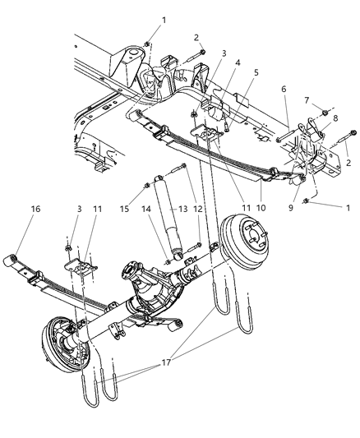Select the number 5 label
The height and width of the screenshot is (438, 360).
click(256, 71)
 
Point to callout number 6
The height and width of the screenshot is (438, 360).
click(283, 90)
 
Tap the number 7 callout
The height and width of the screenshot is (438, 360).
click(307, 100)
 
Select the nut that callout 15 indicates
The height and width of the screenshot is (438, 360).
click(146, 185)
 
